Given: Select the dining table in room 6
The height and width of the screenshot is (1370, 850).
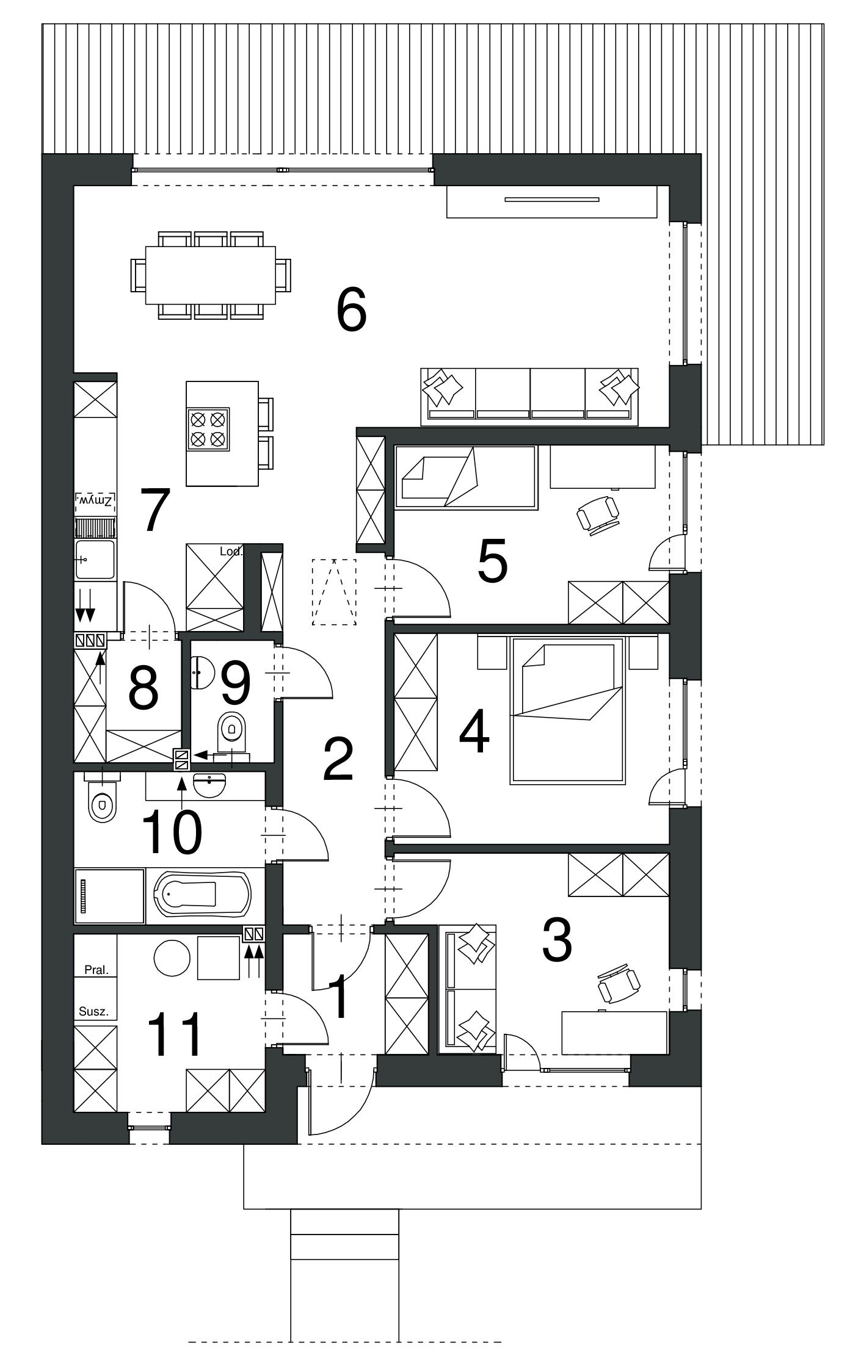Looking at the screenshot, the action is pos(211,275).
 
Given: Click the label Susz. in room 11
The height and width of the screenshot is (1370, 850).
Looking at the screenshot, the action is pos(94,1011).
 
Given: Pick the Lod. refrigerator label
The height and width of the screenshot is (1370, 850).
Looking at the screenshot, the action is pos(231,552).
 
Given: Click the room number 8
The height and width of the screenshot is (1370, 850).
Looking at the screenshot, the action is pos(144,688).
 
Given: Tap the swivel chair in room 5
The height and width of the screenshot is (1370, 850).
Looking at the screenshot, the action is pos(598,514).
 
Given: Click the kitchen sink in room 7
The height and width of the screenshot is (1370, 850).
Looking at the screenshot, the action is pos(95,559).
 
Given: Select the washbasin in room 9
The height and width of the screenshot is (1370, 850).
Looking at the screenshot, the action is pos(200,672).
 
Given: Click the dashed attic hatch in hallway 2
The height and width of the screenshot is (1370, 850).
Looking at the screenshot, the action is pos(333,591).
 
